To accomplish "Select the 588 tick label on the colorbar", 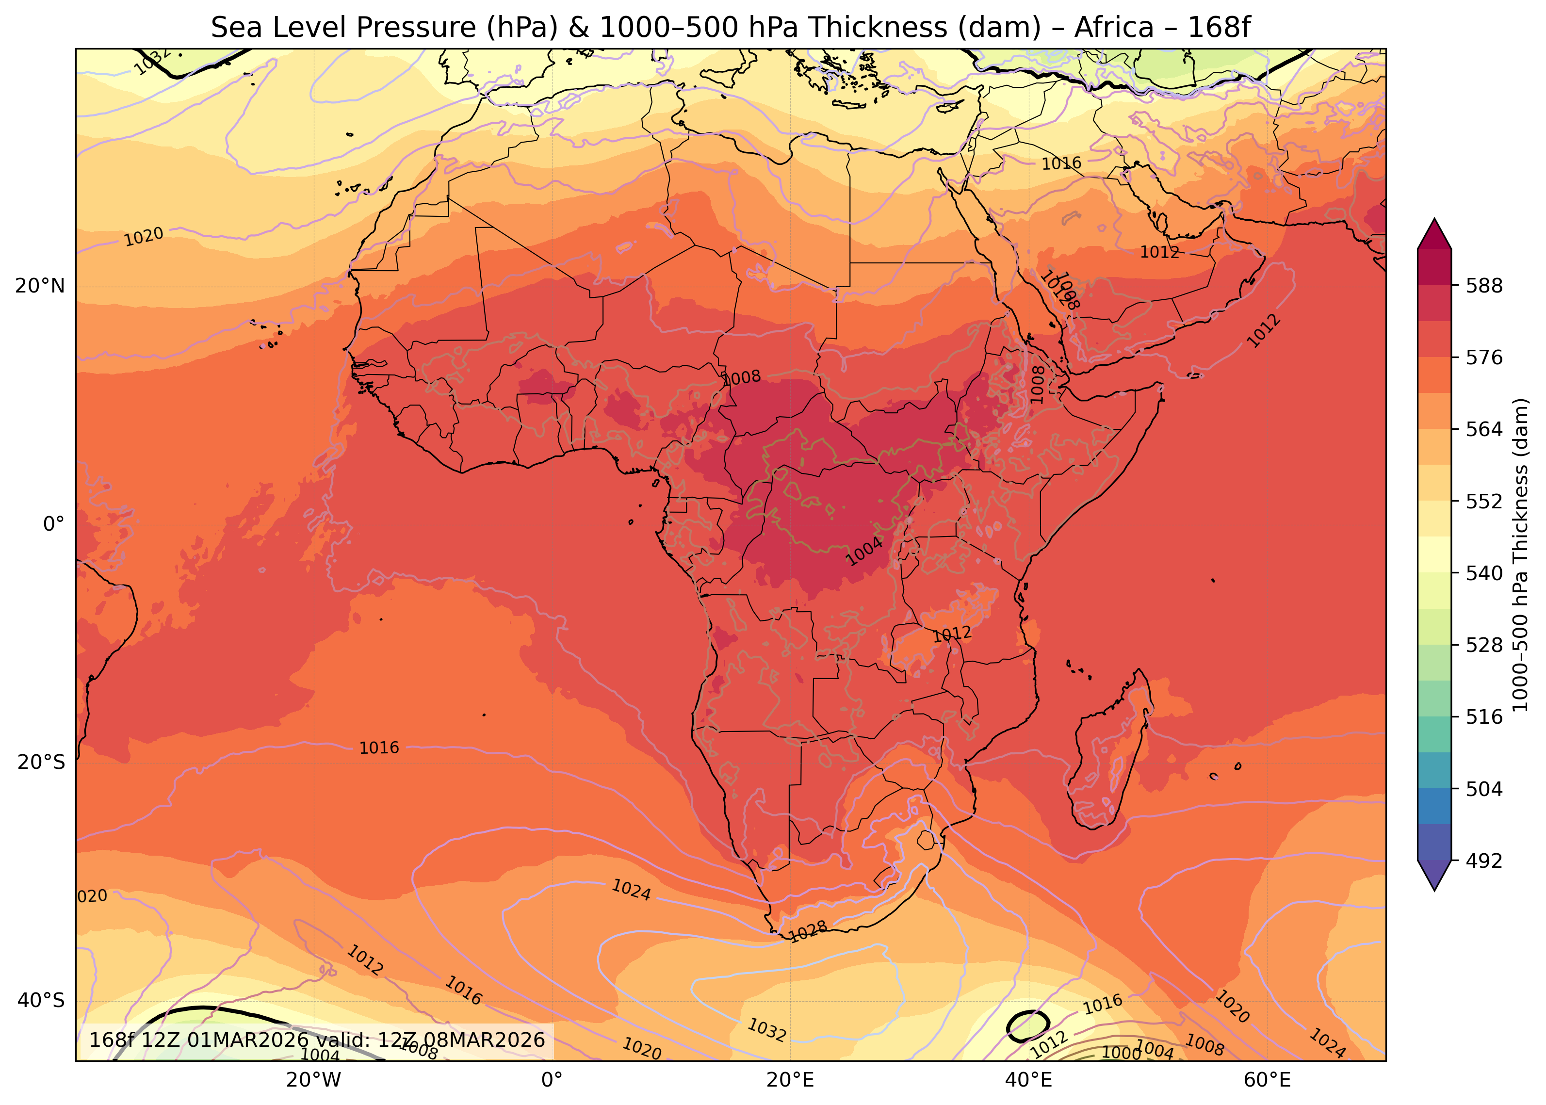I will click(x=1484, y=286).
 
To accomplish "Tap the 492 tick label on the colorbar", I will click(x=1484, y=861).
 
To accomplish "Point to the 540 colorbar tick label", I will click(x=1484, y=573).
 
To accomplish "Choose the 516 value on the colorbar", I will click(x=1484, y=717).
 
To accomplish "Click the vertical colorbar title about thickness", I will click(x=1521, y=554).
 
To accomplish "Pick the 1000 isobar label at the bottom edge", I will click(x=1121, y=1053).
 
